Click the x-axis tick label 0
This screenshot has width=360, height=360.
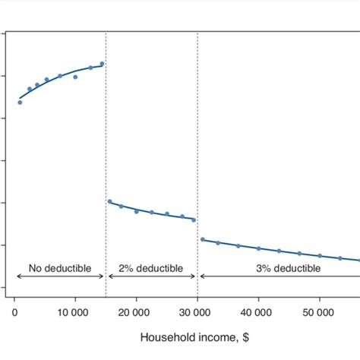point(14,311)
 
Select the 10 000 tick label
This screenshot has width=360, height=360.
point(75,311)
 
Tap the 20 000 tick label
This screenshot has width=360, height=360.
point(137,311)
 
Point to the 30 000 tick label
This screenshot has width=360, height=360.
point(197,311)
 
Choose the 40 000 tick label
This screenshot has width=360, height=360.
point(258,311)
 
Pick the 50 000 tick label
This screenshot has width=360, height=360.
point(319,311)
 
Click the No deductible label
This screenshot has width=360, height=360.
point(60,268)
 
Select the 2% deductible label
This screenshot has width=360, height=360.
point(151,268)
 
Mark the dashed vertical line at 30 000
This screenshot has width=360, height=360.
point(197,152)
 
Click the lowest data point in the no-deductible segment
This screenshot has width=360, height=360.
point(20,102)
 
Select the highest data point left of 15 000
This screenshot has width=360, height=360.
point(102,64)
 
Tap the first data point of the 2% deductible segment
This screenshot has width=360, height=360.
point(109,201)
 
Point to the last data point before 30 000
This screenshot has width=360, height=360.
point(194,219)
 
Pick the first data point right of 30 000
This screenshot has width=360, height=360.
point(202,239)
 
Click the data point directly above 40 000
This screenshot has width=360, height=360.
point(258,248)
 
